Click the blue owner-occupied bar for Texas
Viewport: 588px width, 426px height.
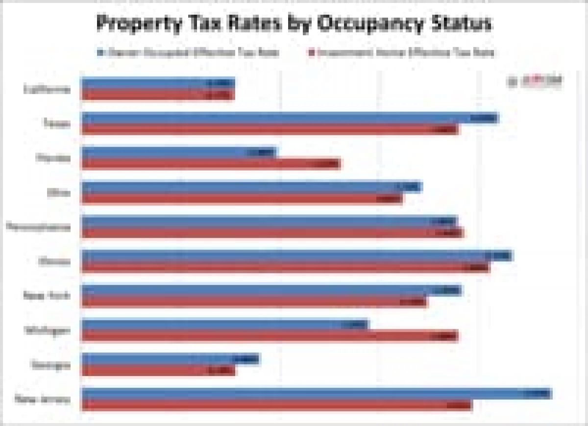coord(289,118)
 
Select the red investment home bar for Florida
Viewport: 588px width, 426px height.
coord(211,164)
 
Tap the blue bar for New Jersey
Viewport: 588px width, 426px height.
coord(316,394)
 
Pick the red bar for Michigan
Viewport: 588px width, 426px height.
coord(269,336)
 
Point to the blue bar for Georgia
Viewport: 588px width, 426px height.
coord(171,359)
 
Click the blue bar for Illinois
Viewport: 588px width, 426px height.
coord(296,256)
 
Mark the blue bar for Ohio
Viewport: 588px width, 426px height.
coord(251,187)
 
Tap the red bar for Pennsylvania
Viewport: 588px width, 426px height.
coord(272,233)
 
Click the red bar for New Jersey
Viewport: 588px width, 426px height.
coord(276,405)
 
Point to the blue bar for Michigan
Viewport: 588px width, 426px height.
coord(224,325)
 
